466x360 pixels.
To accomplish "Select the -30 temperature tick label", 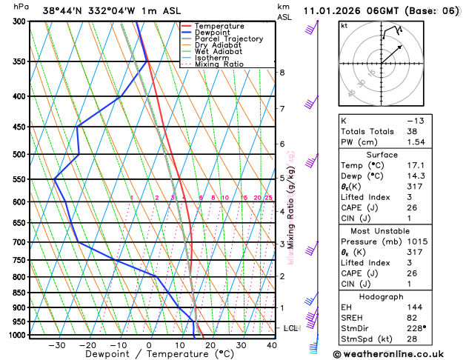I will pyautogui.click(x=56, y=345).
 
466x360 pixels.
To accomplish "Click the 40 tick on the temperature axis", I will pyautogui.click(x=272, y=345).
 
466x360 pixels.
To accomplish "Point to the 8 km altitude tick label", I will pyautogui.click(x=282, y=73).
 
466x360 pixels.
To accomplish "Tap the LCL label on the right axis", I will pyautogui.click(x=290, y=327).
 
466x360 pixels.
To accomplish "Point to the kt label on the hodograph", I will pyautogui.click(x=344, y=26).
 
